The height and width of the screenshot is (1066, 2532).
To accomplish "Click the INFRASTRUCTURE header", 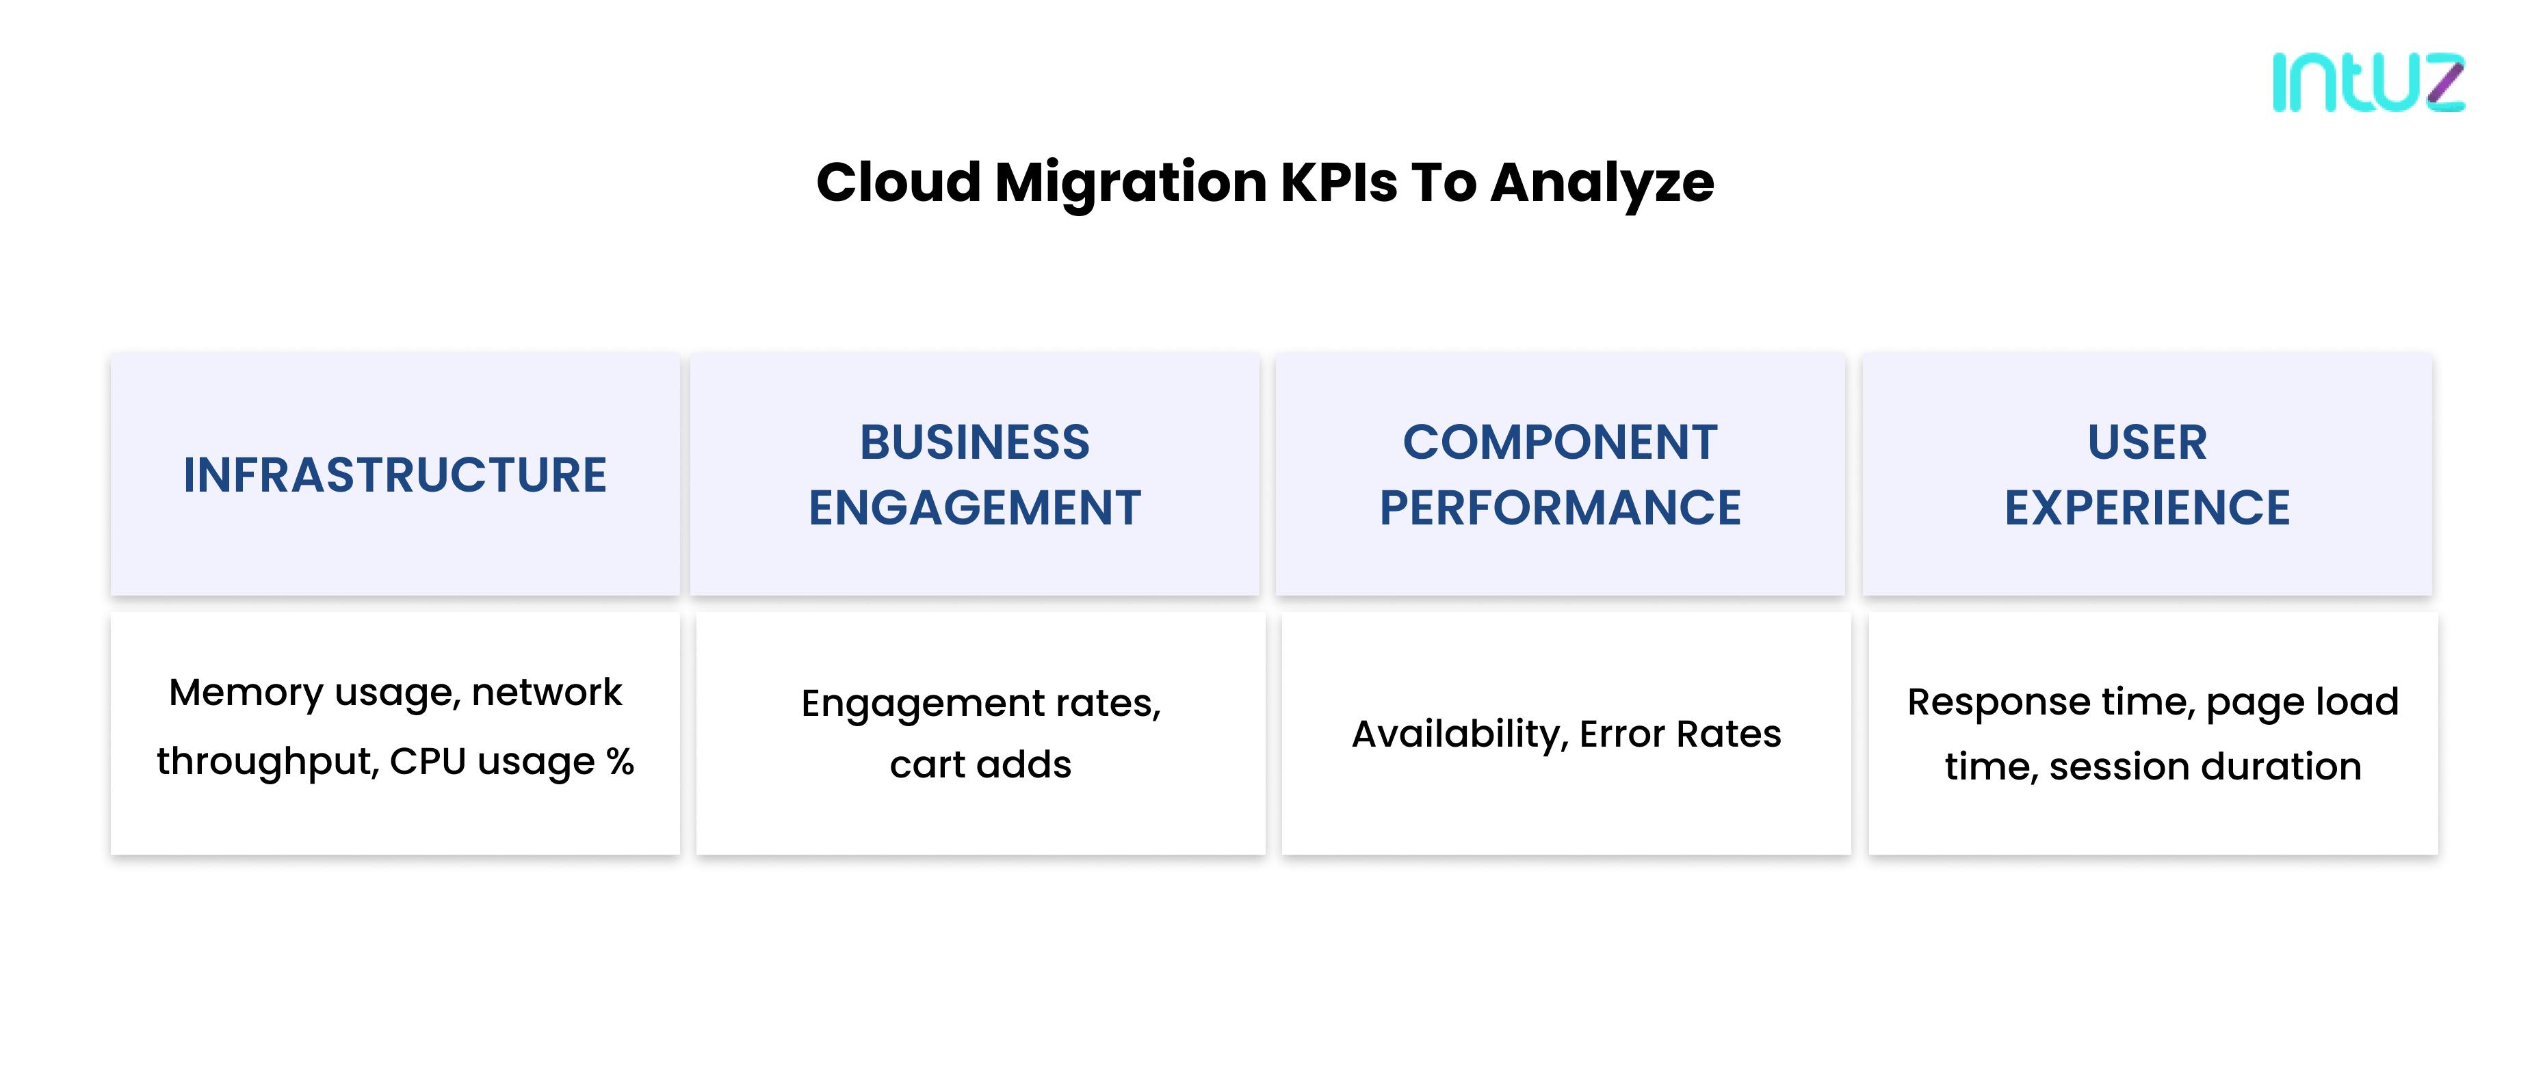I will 395,475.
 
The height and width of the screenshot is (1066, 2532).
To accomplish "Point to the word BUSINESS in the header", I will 975,443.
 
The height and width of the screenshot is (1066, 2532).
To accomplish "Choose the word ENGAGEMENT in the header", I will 975,509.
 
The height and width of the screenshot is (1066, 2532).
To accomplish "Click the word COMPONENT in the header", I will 1560,443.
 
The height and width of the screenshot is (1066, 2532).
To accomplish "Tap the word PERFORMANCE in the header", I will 1560,509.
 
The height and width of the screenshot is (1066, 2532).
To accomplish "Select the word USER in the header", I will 2148,443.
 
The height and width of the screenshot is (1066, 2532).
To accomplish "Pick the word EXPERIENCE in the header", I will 2148,509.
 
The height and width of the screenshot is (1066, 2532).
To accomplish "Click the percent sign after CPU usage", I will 621,762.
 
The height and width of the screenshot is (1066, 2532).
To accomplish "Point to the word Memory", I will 245,693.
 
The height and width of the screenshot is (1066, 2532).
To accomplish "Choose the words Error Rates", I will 1681,734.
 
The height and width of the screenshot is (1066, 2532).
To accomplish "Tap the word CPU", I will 428,762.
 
